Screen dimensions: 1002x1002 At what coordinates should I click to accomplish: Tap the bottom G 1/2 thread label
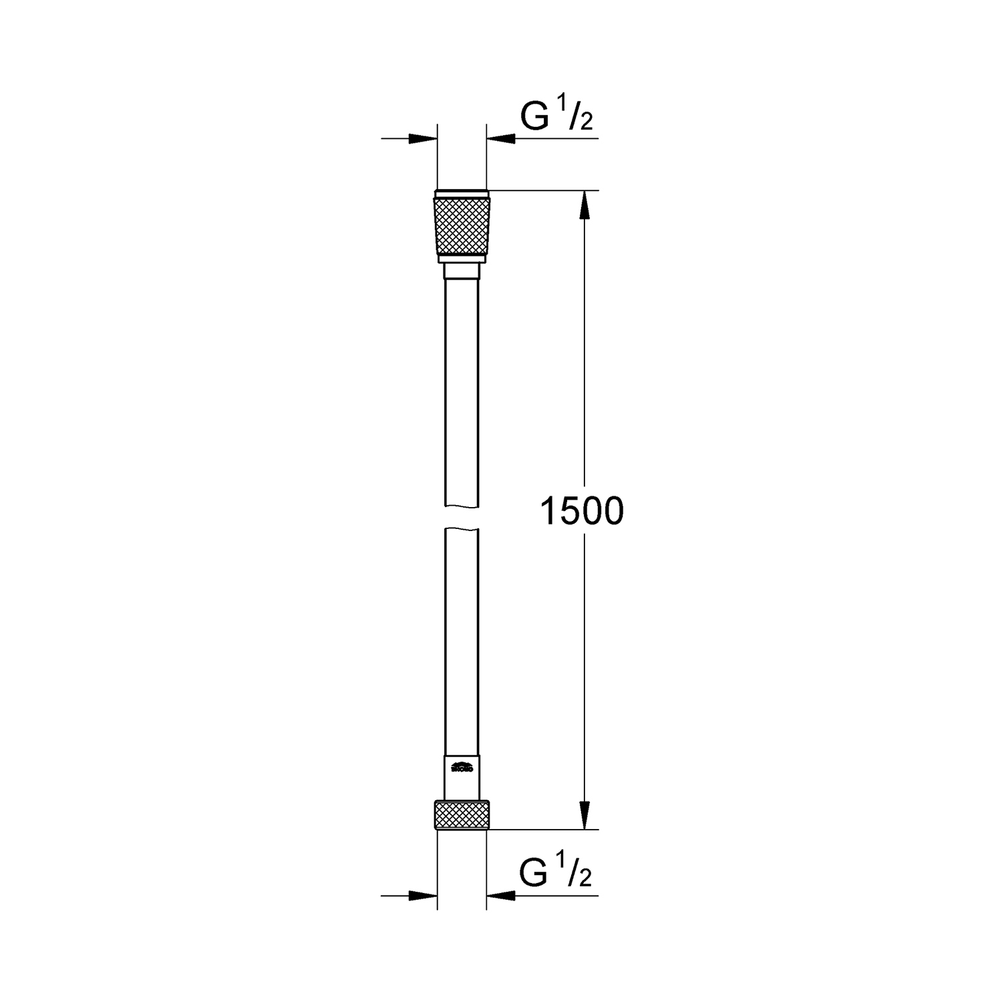tap(556, 873)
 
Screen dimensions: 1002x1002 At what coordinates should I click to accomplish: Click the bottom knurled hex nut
tap(462, 815)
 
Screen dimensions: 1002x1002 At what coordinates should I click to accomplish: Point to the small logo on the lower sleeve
tap(462, 768)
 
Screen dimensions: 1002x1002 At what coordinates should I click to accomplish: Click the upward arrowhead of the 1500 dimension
tap(584, 203)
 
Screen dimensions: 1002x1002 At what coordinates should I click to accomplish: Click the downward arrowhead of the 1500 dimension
tap(584, 816)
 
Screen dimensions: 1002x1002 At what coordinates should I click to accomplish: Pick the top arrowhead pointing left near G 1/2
tap(501, 138)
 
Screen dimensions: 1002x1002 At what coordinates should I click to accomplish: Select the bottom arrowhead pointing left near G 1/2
tap(501, 896)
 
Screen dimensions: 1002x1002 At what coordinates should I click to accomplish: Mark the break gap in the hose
tap(462, 516)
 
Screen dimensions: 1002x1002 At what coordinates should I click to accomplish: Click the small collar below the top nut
tap(462, 271)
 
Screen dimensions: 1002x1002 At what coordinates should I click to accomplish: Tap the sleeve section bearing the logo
tap(462, 778)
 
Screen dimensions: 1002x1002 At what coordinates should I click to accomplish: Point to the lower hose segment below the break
tap(462, 641)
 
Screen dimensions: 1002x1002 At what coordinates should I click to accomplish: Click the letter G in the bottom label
tap(534, 875)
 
